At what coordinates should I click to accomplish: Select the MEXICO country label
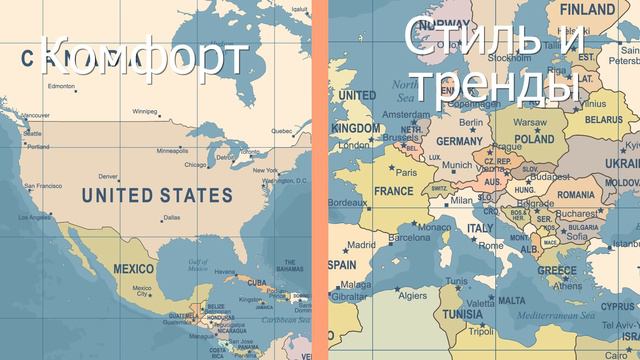coord(133,269)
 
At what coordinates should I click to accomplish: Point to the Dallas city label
coord(171,217)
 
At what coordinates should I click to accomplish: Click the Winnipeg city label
coord(145,111)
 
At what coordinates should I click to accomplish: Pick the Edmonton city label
coord(61,87)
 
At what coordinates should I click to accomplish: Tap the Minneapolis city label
coord(172,150)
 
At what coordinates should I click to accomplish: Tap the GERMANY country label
coord(459,141)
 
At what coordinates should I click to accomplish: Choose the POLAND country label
coord(534,140)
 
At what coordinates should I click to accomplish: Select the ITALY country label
coord(480,228)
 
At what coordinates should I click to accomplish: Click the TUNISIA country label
coord(463,312)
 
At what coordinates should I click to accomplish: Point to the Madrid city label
coord(362,243)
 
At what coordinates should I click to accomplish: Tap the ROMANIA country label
coord(575,193)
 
